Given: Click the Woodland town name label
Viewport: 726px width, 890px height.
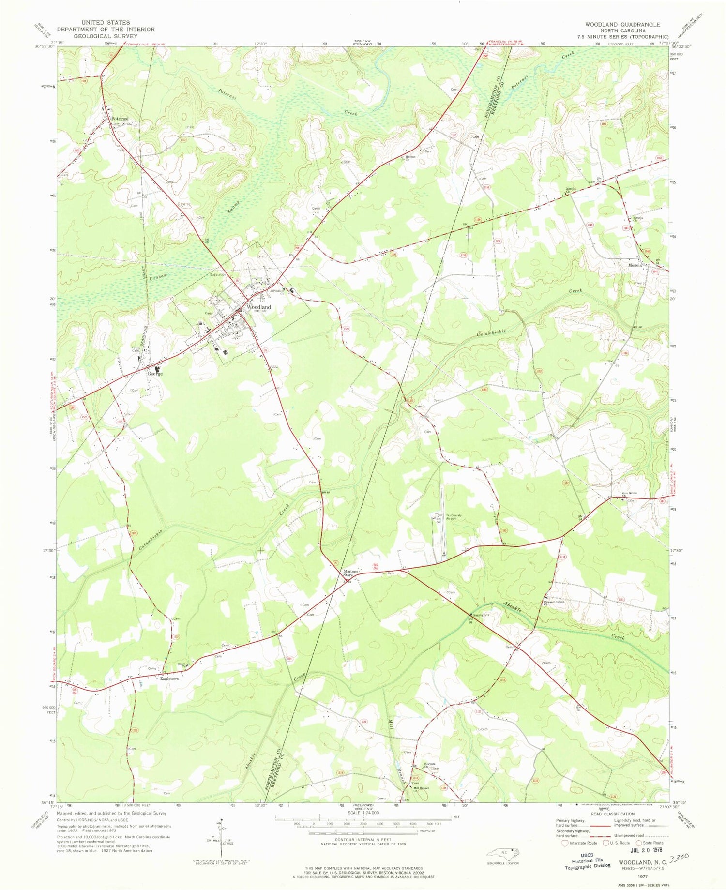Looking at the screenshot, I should pos(258,307).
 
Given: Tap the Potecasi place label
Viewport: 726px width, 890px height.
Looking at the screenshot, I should pos(120,118).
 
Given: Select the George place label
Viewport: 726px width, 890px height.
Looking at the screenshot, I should pos(155,374).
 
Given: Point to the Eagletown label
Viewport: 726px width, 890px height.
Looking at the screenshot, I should pos(170,679).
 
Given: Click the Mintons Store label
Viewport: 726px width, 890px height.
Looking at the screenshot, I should pos(351,573).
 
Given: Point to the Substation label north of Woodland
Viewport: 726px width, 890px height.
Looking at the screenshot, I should pos(218,274).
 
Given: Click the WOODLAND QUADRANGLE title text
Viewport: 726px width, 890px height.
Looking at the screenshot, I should pos(622,24).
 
